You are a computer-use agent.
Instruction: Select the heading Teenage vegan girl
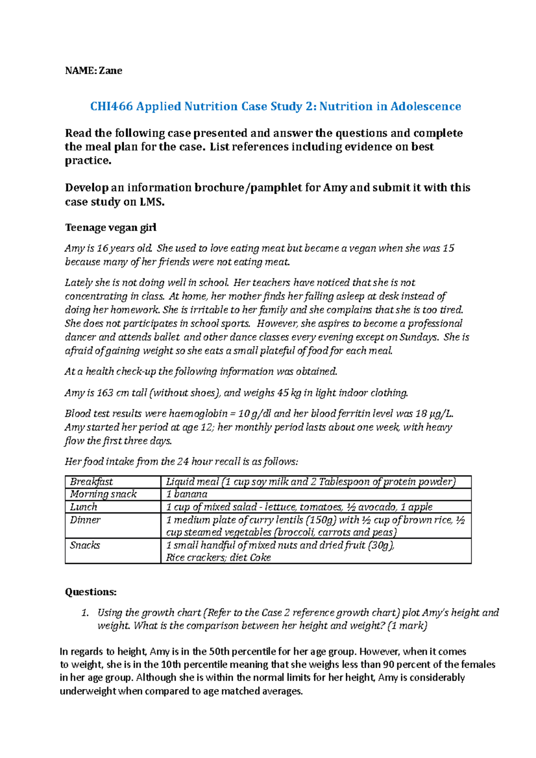[x=110, y=228]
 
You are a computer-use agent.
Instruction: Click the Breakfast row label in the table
[x=92, y=482]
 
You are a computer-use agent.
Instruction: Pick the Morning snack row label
[x=103, y=494]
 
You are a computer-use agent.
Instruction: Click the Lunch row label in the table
[x=84, y=507]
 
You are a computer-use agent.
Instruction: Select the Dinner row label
[x=85, y=520]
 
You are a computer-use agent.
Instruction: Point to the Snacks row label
[x=85, y=545]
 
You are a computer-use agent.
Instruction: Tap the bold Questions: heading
[x=91, y=592]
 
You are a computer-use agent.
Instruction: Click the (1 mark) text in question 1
[x=407, y=626]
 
